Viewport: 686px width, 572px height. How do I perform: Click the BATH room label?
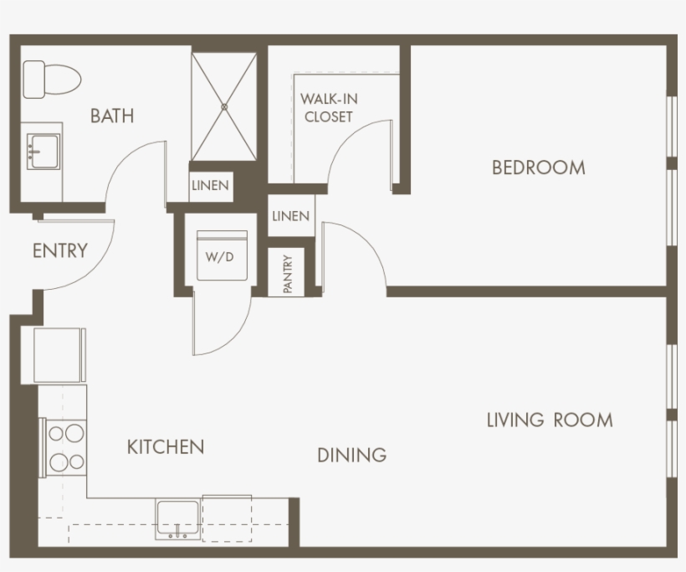point(112,116)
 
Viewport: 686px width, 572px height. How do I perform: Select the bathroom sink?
point(42,151)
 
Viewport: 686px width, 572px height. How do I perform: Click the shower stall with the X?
point(224,106)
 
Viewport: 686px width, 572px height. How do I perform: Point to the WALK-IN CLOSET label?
point(329,108)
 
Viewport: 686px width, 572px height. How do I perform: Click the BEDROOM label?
point(538,167)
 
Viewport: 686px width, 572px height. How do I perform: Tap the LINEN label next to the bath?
point(210,186)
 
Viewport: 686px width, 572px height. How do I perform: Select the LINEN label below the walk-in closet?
point(290,216)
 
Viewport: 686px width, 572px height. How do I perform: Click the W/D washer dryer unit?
point(220,257)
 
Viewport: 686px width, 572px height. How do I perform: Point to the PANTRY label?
point(288,273)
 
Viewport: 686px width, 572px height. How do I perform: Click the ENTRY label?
point(59,250)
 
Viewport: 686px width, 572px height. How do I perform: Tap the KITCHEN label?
point(166,447)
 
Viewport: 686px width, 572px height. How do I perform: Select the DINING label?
point(351,456)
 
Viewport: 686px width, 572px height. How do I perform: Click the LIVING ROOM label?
point(550,420)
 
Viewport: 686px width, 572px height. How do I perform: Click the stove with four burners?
point(65,447)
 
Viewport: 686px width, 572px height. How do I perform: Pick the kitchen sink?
point(177,518)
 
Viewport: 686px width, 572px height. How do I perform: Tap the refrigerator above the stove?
point(59,355)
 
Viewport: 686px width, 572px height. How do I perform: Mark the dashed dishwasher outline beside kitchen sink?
point(227,518)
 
